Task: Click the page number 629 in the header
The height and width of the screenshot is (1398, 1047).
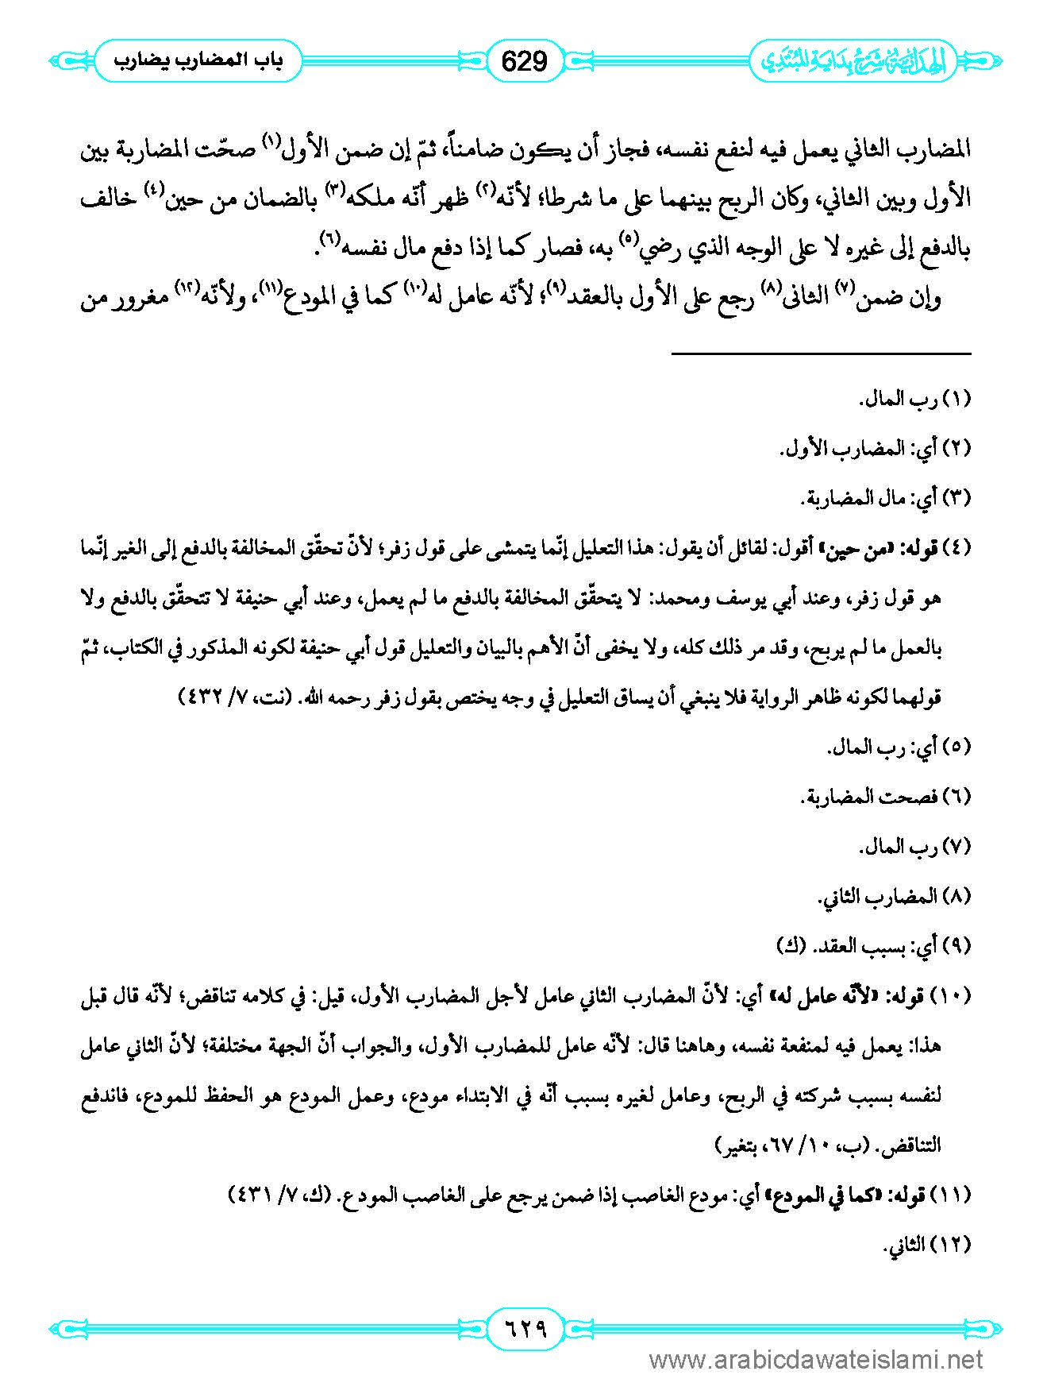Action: point(525,61)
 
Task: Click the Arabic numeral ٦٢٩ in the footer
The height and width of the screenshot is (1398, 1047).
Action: point(525,1327)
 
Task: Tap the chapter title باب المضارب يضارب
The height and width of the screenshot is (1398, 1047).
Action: point(198,61)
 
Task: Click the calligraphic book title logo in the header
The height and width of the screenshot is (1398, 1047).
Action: point(853,62)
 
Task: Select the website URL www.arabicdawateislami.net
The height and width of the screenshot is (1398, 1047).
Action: point(816,1361)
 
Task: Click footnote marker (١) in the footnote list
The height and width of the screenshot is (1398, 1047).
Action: point(956,400)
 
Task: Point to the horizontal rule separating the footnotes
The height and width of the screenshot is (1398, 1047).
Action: point(821,353)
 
